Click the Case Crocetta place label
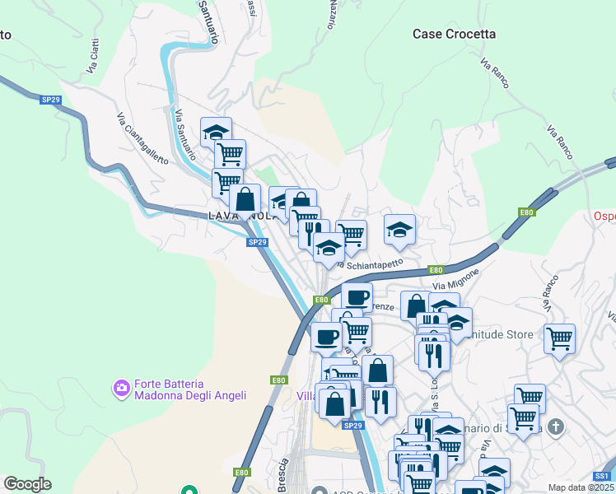pos(455,34)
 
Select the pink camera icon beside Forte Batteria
pos(122,386)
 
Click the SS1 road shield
pos(602,476)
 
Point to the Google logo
pos(27,484)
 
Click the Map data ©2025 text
pos(581,487)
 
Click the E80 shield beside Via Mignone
pos(436,269)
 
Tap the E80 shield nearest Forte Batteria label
pos(279,380)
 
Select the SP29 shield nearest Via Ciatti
pos(50,100)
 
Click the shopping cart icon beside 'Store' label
pos(559,338)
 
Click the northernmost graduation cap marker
pos(216,132)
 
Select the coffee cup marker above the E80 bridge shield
pos(357,296)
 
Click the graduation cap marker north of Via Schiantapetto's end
pos(399,230)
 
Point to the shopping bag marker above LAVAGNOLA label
pos(245,198)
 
